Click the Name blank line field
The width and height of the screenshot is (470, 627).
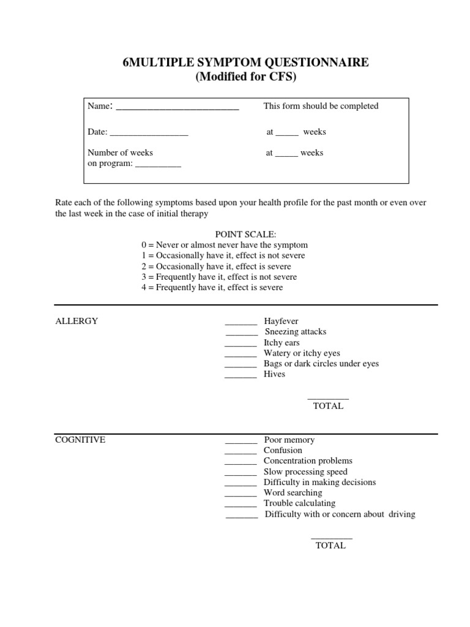(177, 108)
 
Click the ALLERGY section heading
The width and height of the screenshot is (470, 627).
(76, 321)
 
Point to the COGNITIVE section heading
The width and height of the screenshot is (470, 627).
(80, 440)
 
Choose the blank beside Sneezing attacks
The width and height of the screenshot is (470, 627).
(242, 333)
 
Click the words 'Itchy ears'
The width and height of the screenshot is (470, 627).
(282, 342)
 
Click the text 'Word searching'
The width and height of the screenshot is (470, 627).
(293, 492)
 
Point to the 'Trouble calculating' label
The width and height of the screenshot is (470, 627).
(299, 503)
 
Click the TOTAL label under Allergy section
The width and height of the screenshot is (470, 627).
(328, 406)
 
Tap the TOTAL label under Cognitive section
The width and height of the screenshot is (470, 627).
(330, 546)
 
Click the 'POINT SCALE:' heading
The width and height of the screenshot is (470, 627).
(245, 235)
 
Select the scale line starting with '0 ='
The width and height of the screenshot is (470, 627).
(224, 245)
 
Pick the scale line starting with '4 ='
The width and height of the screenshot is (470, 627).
(212, 287)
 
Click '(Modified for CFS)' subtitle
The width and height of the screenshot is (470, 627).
(245, 77)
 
